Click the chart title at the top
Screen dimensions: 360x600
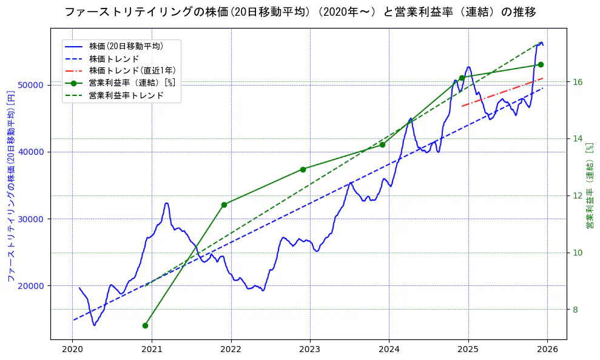coord(300,12)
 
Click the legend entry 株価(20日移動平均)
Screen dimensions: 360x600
coord(126,46)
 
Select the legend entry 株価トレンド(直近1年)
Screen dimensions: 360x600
coord(132,70)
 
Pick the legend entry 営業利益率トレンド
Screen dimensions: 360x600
coord(126,95)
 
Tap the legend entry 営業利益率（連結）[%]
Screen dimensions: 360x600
coord(132,83)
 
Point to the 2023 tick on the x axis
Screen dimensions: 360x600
coord(310,349)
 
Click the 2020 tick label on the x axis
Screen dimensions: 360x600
coord(72,349)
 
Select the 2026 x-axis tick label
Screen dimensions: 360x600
coord(547,349)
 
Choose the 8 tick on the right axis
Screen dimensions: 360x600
coord(574,310)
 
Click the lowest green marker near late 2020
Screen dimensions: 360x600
coord(145,325)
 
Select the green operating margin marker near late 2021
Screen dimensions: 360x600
coord(224,205)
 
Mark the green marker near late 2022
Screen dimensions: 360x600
coord(303,169)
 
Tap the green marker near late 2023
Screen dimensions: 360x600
coord(382,144)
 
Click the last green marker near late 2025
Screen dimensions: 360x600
coord(541,64)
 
